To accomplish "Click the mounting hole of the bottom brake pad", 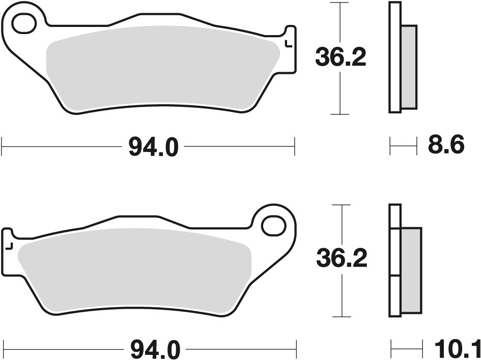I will click(274, 223).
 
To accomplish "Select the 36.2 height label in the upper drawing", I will click(341, 57).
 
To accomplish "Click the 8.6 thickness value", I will click(446, 146).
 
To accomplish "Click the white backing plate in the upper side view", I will click(395, 57).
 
